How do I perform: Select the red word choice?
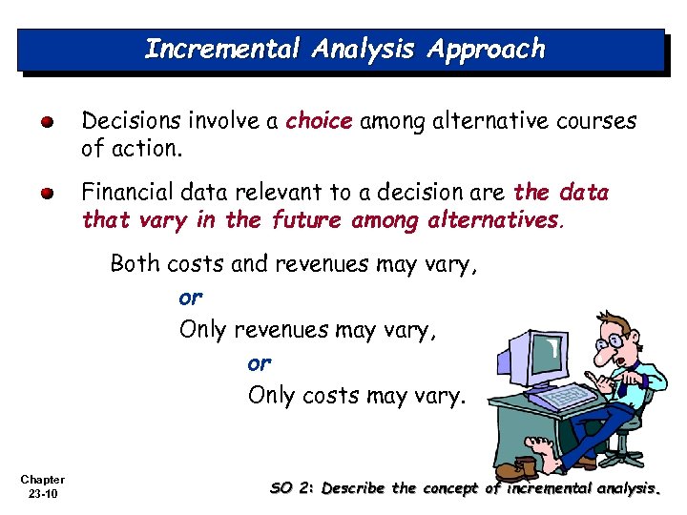point(319,121)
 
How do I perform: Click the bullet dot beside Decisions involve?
point(47,122)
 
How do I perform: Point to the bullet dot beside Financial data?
point(47,194)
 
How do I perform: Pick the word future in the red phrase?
point(307,221)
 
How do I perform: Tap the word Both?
point(135,263)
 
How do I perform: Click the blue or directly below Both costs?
point(191,298)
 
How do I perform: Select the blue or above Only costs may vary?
point(260,363)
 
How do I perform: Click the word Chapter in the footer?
point(42,480)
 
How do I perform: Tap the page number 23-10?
point(42,494)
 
